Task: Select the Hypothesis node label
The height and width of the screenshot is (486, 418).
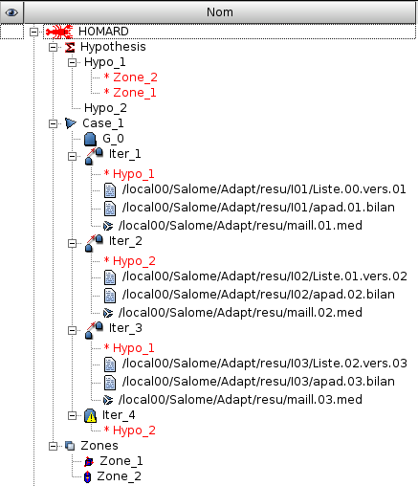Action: (113, 46)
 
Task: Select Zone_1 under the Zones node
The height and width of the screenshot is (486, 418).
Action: (121, 460)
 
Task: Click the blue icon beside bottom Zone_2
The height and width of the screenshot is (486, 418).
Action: (87, 475)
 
